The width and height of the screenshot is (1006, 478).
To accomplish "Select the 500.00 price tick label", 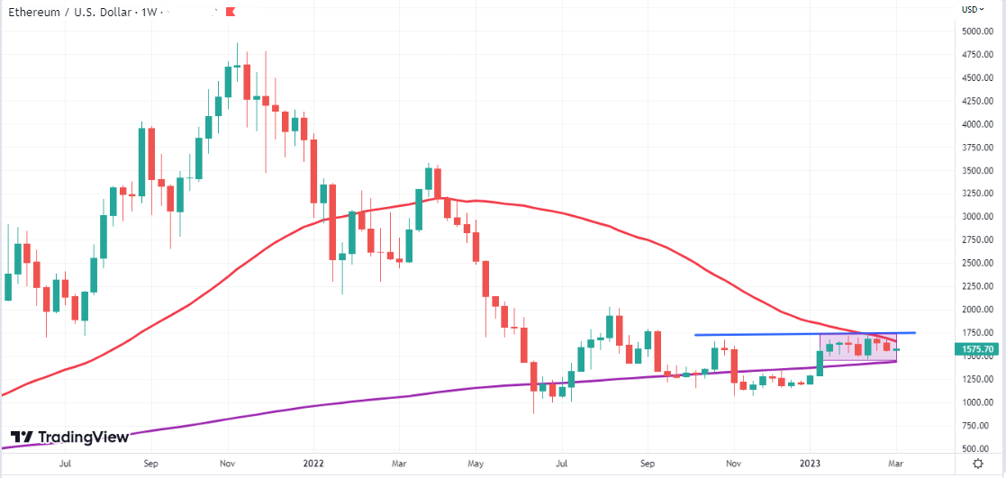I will point(977,448).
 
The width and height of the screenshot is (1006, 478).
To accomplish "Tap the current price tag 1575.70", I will point(978,348).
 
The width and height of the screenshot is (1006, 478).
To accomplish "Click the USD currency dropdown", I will point(972,9).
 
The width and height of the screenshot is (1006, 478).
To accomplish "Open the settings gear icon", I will point(979,463).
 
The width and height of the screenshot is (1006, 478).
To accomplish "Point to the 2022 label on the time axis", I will point(313,464).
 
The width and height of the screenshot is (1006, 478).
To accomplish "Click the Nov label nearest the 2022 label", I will point(228,464).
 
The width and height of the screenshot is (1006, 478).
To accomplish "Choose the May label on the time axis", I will point(477,464).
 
